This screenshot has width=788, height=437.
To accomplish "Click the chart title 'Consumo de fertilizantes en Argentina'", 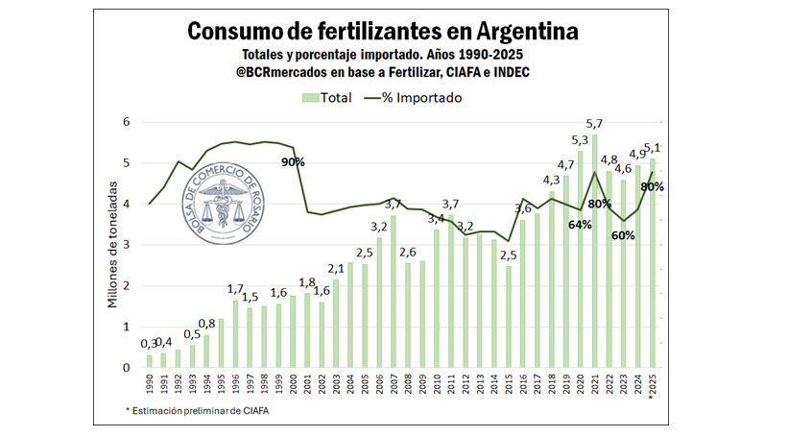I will (382, 31).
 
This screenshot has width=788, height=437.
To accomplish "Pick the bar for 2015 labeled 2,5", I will (509, 317).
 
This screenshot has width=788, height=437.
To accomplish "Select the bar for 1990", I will (150, 361).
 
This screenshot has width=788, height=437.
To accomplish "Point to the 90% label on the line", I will (293, 162).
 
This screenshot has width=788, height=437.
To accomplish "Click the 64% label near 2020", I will (579, 224).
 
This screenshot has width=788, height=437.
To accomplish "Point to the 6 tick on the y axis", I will (125, 122).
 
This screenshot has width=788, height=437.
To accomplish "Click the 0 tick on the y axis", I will (125, 368).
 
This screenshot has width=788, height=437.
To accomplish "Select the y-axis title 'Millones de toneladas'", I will (111, 246).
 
